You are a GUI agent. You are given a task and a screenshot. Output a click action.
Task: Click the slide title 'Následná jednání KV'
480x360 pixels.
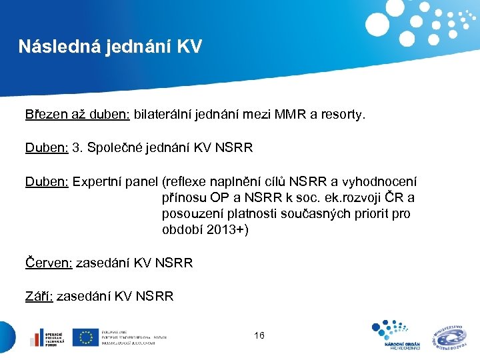pyautogui.click(x=110, y=47)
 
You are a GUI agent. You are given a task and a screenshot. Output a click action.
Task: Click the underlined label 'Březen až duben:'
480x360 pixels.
pyautogui.click(x=77, y=115)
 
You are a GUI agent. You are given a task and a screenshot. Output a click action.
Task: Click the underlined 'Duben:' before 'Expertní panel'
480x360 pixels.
pyautogui.click(x=47, y=181)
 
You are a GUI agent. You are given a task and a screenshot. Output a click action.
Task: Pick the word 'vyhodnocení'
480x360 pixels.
pyautogui.click(x=381, y=181)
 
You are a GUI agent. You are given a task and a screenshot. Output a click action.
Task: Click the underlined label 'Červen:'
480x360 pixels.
pyautogui.click(x=49, y=263)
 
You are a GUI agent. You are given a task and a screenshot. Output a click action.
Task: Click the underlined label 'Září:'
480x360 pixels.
pyautogui.click(x=39, y=296)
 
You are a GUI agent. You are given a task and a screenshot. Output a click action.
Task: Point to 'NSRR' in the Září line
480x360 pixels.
pyautogui.click(x=155, y=296)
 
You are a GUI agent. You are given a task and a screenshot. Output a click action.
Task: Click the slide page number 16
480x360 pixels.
pyautogui.click(x=259, y=335)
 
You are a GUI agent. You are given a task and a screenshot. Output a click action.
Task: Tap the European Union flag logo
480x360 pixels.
pyautogui.click(x=85, y=337)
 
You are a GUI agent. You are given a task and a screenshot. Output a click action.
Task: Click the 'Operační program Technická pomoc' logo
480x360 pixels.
pyautogui.click(x=46, y=337)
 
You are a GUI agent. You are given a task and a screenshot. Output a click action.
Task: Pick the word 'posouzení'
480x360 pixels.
pyautogui.click(x=189, y=214)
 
